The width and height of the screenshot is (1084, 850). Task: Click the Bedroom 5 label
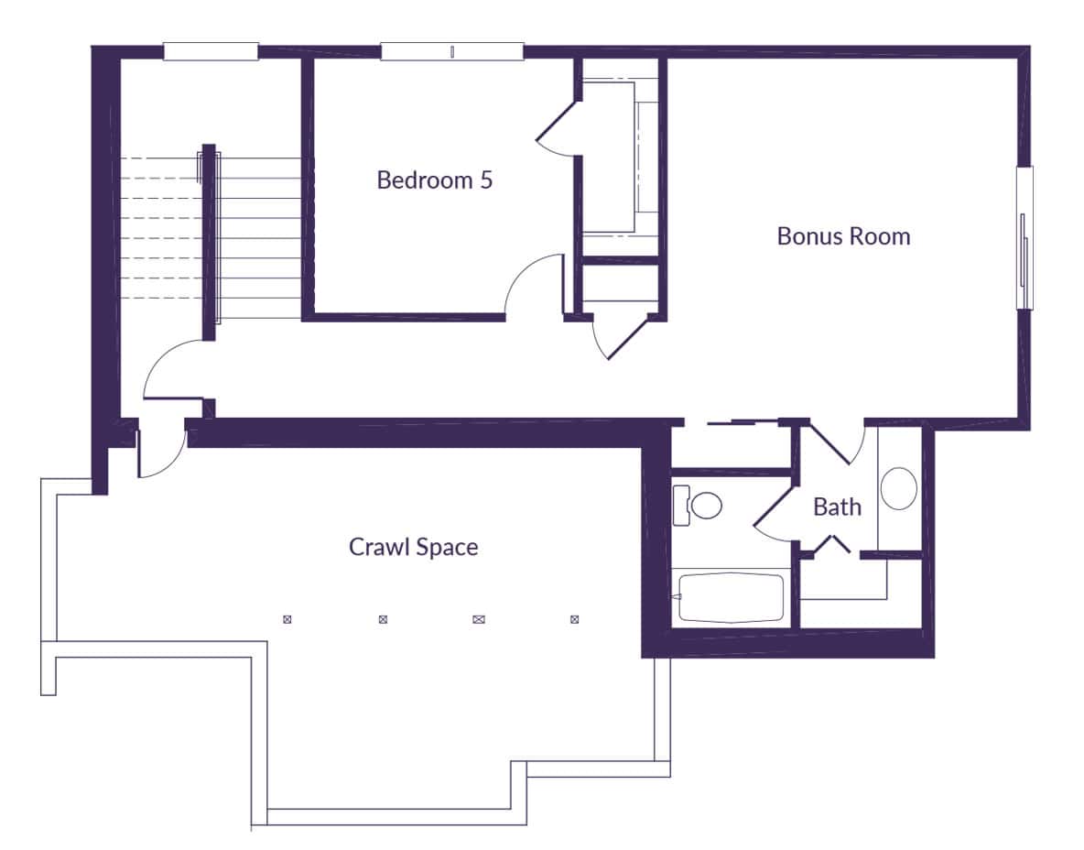coord(434,180)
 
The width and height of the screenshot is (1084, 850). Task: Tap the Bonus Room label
coord(843,236)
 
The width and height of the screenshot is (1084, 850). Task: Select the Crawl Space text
coord(413,547)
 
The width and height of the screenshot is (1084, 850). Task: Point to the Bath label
coord(837,507)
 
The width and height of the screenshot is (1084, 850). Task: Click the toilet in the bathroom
coord(705,505)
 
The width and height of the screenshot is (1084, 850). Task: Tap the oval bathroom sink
coord(898,488)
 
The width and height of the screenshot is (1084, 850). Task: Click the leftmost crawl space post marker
coord(287,619)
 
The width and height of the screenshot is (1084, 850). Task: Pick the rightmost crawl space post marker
coord(575,619)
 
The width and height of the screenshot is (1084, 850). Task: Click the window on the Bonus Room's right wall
coord(1024,238)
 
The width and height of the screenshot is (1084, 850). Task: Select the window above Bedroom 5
coord(452,52)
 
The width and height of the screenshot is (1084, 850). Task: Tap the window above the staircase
coord(211,52)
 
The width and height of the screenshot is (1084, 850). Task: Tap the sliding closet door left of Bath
coord(741,423)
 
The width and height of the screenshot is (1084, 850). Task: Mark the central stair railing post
coord(209,243)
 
